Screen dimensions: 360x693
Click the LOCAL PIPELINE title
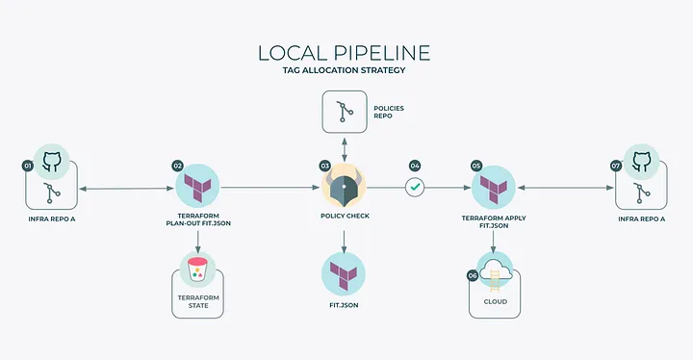346,53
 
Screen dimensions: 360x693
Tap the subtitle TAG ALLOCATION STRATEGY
346,72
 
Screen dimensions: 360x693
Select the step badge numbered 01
28,166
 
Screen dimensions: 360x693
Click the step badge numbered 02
177,166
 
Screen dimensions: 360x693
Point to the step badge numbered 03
324,166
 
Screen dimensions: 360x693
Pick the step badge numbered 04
415,166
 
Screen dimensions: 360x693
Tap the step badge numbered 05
475,166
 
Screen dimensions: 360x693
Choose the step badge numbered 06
473,275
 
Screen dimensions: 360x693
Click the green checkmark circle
415,187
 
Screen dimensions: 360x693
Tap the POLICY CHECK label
345,216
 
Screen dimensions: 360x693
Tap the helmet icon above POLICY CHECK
345,186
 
